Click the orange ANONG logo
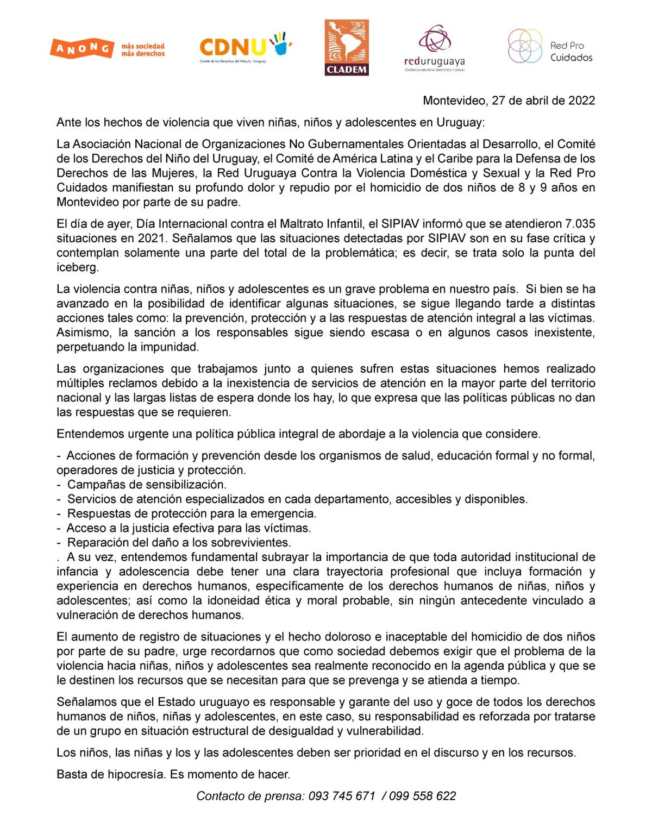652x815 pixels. pos(82,49)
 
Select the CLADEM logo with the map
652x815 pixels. pos(347,48)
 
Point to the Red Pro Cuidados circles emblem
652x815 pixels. pos(525,46)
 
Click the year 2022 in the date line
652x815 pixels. pos(581,101)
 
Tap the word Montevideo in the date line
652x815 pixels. pos(454,101)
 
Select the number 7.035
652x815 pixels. pos(580,224)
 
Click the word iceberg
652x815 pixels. pos(77,267)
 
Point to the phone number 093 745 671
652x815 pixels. pos(342,796)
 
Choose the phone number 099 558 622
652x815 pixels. pos(422,796)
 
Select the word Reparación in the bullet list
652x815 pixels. pos(97,543)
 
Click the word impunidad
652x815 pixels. pos(170,347)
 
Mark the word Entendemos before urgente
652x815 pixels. pos(90,434)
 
